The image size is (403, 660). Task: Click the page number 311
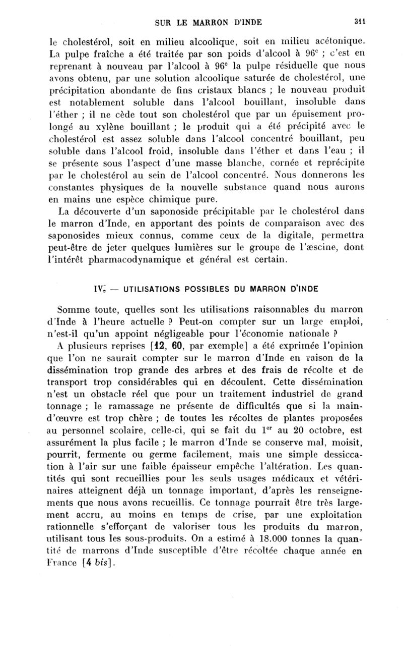pyautogui.click(x=359, y=21)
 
